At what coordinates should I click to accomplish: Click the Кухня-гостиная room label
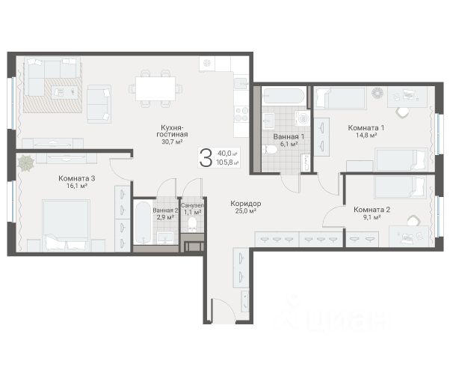pos(172,131)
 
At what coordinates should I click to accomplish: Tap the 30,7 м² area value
pos(173,142)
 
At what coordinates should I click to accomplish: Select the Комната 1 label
pos(366,127)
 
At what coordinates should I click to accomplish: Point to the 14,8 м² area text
pos(366,135)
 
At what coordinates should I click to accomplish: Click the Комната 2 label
pos(372,210)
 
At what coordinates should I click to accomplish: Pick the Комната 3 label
pos(77,178)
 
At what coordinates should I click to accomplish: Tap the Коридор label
pos(246,204)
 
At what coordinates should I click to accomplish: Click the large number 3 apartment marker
pos(206,157)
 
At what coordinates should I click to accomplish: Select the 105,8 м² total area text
pos(227,163)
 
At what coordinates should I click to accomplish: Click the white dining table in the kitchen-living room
pos(155,88)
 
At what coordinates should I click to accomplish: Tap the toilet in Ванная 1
pos(269,150)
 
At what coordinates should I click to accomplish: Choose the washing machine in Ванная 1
pos(302,118)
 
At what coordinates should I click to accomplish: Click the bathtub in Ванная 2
pos(143,222)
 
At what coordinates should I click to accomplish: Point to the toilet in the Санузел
pos(192,225)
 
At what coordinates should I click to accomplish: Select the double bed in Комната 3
pos(66,225)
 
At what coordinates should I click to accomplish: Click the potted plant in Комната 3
pos(26,163)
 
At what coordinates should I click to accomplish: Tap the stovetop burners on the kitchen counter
pos(241,114)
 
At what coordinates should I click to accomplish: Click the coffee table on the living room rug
pos(64,92)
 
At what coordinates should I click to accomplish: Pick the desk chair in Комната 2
pos(413,221)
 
